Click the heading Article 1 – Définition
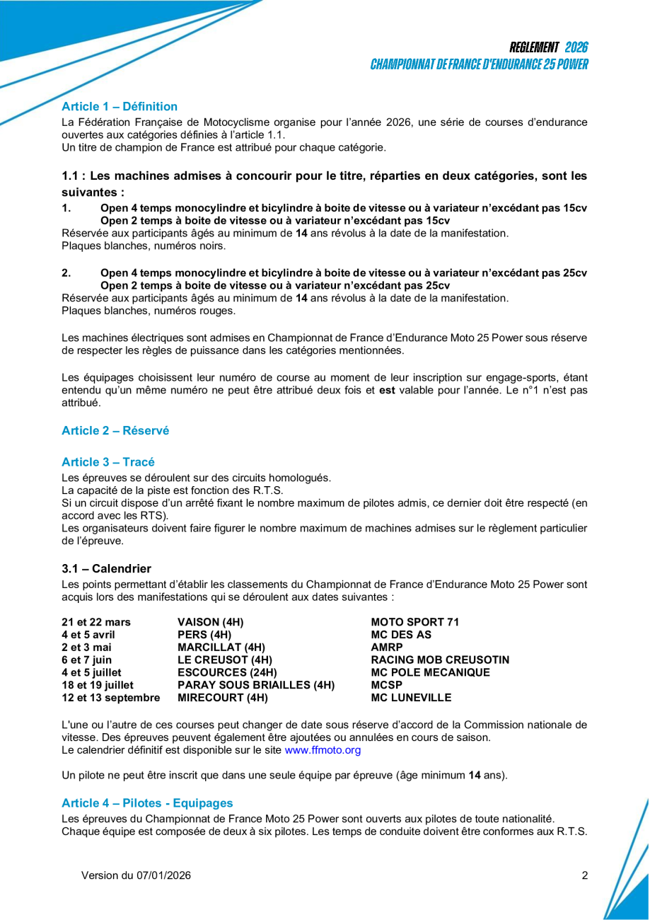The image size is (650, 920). tap(120, 107)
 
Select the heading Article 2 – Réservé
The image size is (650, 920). tap(115, 430)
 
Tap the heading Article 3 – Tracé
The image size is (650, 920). tap(108, 462)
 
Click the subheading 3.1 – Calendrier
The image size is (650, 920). tap(106, 569)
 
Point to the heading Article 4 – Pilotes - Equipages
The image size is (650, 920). tap(147, 803)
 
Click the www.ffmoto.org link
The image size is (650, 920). tap(323, 750)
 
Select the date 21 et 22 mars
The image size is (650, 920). tap(96, 622)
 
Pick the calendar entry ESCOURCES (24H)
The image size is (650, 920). tap(227, 672)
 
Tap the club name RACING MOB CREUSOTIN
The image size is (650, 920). tap(440, 660)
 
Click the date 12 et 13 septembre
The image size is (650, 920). tap(110, 698)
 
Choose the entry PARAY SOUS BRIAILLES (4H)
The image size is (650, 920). tap(256, 685)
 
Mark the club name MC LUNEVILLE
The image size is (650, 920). tap(411, 698)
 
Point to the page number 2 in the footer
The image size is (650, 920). tap(585, 875)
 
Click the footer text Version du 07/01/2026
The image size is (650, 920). tap(136, 875)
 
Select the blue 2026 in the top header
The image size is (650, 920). tap(576, 47)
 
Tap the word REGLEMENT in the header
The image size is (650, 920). tap(534, 47)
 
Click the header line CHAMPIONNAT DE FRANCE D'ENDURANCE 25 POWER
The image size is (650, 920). tap(480, 64)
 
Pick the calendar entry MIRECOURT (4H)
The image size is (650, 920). tap(223, 698)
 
